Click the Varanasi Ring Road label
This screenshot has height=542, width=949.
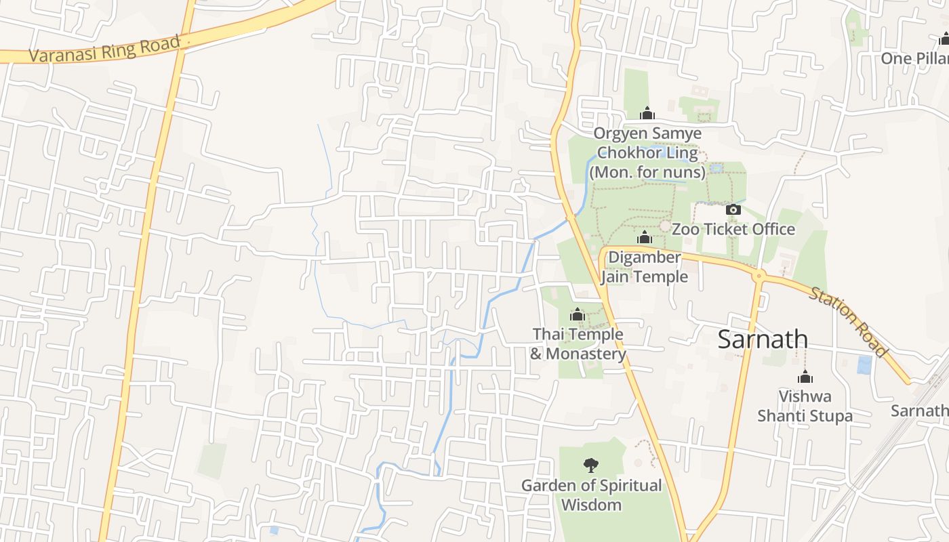105,49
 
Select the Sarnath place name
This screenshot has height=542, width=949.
763,339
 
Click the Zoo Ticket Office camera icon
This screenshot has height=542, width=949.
733,210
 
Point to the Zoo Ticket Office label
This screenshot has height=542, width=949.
733,229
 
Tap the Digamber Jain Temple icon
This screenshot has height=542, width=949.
645,238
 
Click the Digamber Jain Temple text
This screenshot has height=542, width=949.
644,267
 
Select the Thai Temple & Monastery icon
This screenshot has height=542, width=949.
578,314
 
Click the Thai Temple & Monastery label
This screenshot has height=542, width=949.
578,344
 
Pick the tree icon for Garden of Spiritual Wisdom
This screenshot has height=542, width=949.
591,465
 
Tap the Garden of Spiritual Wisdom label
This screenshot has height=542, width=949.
591,495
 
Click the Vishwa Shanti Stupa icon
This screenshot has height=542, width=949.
805,377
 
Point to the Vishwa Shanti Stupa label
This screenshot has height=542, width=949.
805,406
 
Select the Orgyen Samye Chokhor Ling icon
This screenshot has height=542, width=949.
647,113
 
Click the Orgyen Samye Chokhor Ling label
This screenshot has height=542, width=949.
647,143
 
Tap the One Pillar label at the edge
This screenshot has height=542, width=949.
914,58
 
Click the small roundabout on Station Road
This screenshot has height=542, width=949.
759,276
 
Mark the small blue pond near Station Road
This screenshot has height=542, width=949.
864,365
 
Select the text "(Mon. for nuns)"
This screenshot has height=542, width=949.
647,172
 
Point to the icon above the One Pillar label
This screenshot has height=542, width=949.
943,39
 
